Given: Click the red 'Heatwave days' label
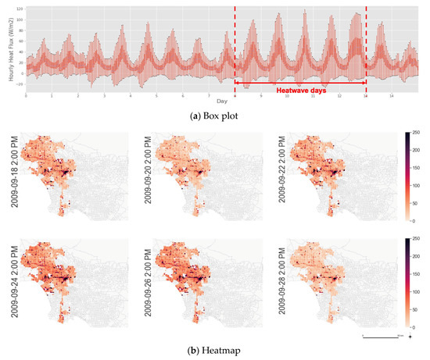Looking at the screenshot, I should pos(299,91).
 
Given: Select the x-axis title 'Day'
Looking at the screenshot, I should pos(222,101).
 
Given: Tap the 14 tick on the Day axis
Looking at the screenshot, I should pos(366,95).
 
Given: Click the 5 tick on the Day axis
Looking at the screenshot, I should pos(156,95).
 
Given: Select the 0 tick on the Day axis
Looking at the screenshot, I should pos(26,95).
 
